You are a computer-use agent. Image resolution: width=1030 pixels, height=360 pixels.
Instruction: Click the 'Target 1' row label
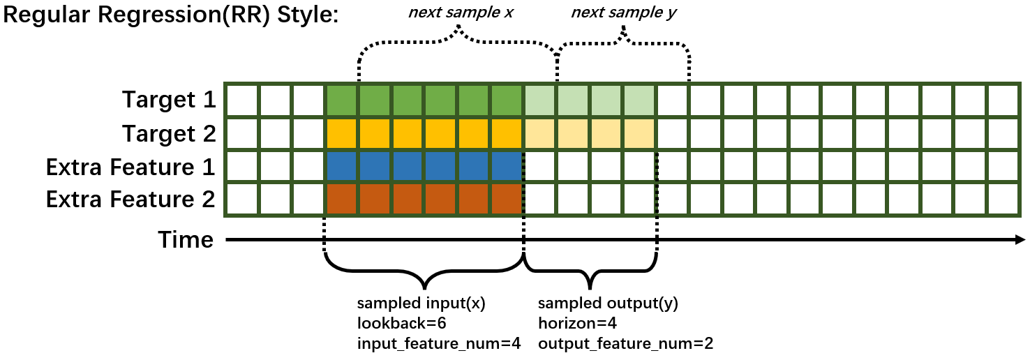[x=169, y=100]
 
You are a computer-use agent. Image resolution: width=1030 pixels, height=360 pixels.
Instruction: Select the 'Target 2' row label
[x=169, y=133]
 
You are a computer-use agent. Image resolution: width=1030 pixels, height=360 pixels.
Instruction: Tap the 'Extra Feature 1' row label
[x=130, y=167]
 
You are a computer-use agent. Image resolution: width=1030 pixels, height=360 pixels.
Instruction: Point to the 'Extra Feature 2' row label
[x=130, y=200]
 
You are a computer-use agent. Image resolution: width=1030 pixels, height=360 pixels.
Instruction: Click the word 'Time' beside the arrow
[x=186, y=240]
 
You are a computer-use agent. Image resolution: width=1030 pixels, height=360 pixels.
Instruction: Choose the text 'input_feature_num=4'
[x=439, y=343]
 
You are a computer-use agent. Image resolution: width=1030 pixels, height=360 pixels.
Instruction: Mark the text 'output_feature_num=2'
[x=625, y=343]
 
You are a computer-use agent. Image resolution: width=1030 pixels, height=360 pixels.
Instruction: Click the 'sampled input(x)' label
[x=421, y=304]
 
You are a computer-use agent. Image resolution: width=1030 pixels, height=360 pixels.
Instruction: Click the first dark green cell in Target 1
[x=342, y=100]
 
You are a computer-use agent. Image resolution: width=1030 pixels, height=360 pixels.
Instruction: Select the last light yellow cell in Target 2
[x=639, y=134]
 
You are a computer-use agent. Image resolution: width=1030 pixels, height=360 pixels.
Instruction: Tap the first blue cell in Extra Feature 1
[x=342, y=167]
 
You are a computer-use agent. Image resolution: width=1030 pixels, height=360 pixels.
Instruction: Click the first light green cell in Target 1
[x=539, y=100]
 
